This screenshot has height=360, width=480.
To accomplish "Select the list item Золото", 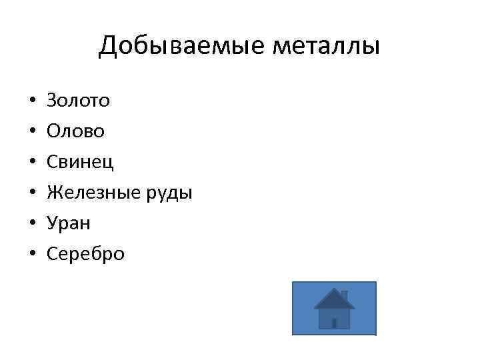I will pos(79,101).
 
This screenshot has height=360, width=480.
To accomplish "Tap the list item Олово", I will pos(75,132).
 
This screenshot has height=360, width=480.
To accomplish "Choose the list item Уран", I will pos(69,224).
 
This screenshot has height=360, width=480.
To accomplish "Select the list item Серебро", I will pos(85,255).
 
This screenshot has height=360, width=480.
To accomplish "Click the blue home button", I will pos(334,308).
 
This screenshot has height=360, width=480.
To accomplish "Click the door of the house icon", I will pos(334,323).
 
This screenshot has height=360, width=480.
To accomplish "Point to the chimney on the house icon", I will pos(345,294).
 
